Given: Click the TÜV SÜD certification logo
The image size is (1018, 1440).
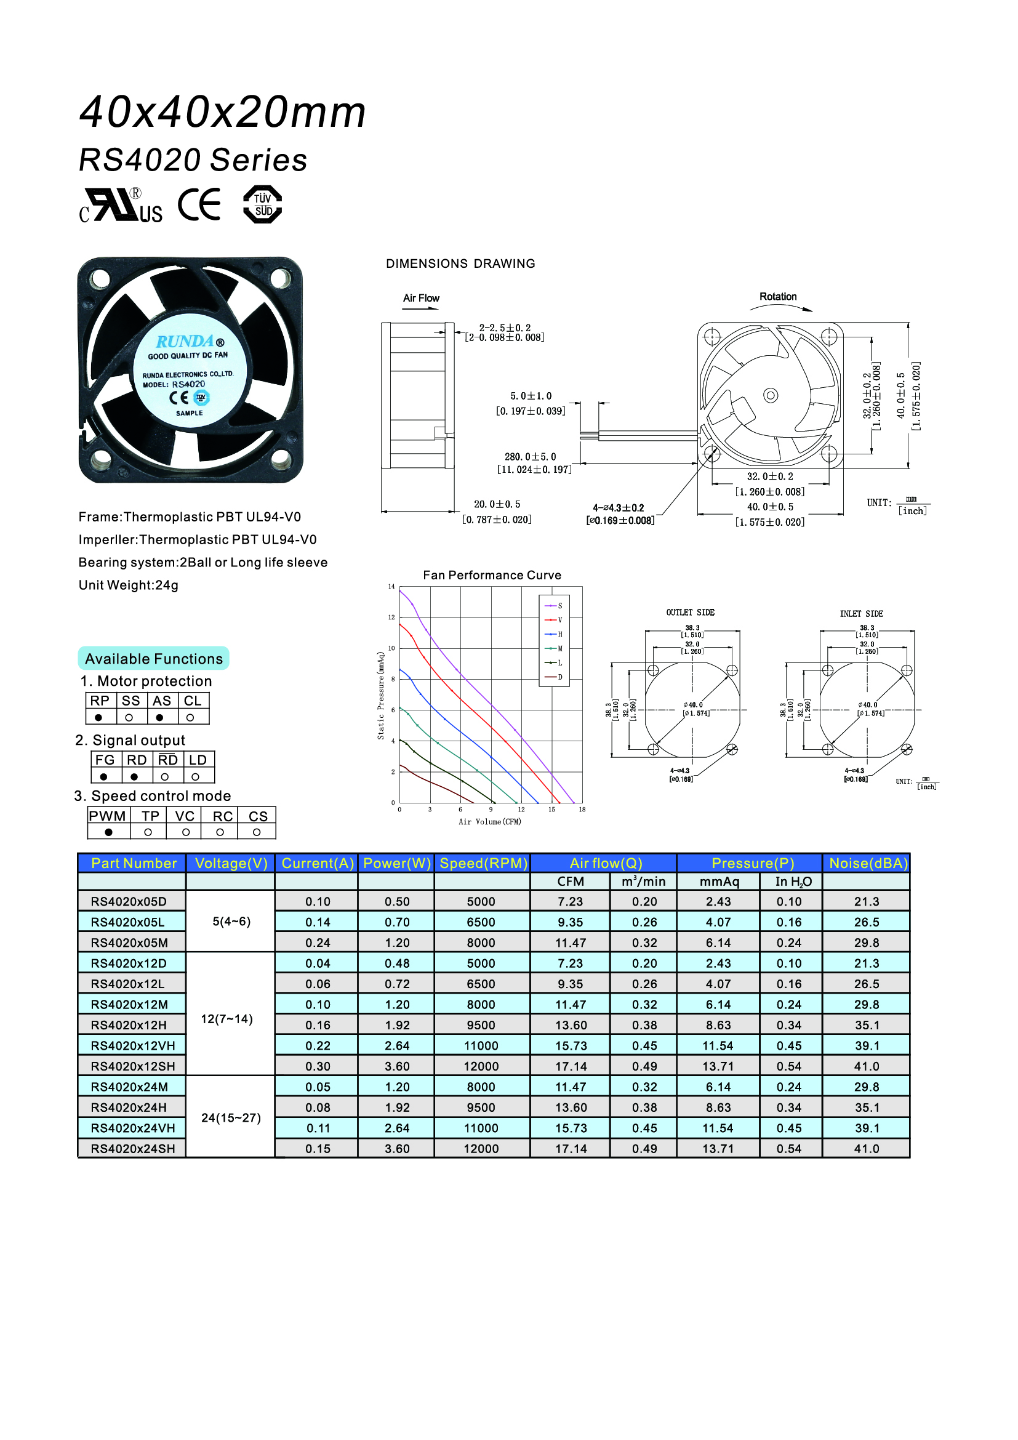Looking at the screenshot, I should (262, 204).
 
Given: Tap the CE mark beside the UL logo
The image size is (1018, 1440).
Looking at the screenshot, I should (199, 204).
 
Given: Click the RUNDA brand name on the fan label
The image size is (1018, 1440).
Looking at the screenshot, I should (185, 342).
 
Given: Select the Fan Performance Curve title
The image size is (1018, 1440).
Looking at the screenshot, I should (492, 575).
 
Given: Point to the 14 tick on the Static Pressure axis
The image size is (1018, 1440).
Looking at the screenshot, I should (392, 587).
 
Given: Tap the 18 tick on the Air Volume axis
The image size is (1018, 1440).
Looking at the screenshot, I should (582, 810).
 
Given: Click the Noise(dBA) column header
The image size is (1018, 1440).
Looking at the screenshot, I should (868, 864).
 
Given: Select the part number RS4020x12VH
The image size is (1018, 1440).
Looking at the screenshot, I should (133, 1045).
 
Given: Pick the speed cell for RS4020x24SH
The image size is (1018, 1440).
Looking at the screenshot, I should (481, 1148).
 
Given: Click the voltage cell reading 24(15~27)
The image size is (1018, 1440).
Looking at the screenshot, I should (231, 1117).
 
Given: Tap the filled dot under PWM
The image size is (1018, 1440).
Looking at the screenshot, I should (109, 832).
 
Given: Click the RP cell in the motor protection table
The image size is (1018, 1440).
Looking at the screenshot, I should (100, 701).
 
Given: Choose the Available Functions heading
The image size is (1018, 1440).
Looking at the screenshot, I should (154, 659).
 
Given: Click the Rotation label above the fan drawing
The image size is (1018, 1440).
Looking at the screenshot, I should (778, 297).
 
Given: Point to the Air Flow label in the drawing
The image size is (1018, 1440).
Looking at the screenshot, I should (420, 298).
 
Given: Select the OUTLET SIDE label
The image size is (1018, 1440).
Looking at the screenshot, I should (690, 612).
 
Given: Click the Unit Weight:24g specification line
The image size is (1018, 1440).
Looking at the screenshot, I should (129, 585).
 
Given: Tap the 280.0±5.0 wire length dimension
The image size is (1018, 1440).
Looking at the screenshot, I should (531, 457).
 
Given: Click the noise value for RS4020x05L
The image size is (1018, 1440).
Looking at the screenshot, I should (867, 922).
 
